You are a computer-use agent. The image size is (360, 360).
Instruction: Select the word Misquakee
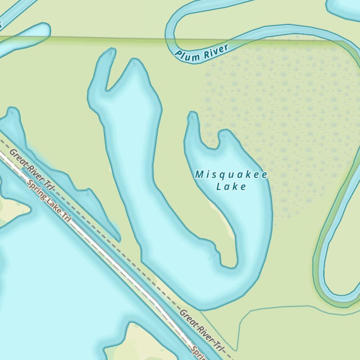pos(231,175)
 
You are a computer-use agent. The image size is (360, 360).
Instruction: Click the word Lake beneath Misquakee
pos(231,186)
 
